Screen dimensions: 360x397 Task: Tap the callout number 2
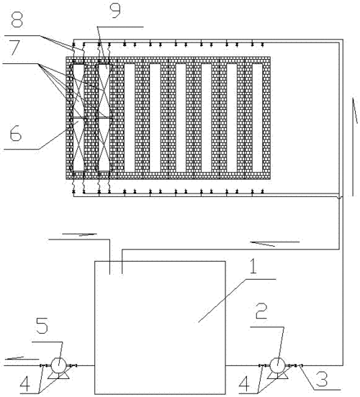pos(261,311)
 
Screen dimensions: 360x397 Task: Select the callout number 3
pos(321,379)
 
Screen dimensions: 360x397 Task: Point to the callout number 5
pos(42,326)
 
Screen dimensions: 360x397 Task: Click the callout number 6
pos(15,134)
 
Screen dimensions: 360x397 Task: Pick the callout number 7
pos(14,47)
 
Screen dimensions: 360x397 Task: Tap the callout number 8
pos(17,19)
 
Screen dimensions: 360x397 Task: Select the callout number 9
pos(115,11)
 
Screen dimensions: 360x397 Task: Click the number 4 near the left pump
pos(25,384)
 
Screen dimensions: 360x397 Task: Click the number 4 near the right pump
pos(244,384)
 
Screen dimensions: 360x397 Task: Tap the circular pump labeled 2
pos(277,365)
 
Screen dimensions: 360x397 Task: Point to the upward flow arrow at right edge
pos(353,147)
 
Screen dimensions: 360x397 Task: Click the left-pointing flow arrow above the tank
pos(275,243)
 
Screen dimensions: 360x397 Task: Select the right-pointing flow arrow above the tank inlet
pos(80,234)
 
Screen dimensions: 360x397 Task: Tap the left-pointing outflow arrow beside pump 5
pos(22,358)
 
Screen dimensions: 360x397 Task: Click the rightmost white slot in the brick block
pos(258,118)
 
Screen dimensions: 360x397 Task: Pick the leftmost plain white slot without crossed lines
pos(130,118)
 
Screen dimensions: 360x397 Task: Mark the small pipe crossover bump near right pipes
pos(339,197)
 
